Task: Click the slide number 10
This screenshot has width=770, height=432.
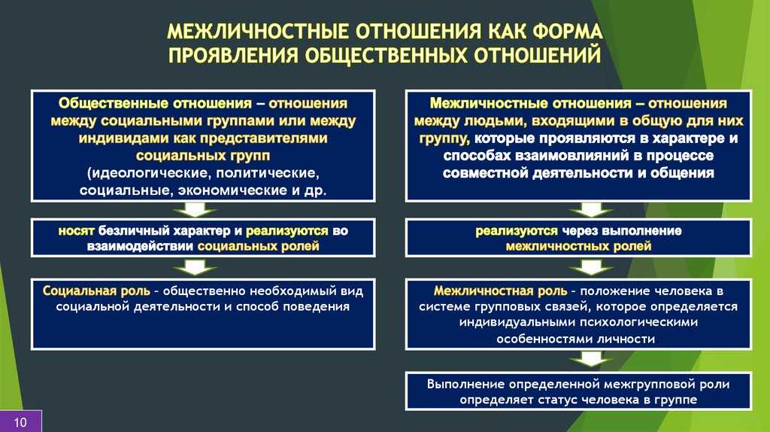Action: click(20, 422)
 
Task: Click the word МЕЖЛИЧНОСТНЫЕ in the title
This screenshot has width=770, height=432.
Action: click(259, 32)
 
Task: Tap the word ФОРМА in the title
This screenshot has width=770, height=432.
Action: click(568, 32)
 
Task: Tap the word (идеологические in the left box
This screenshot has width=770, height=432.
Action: click(150, 174)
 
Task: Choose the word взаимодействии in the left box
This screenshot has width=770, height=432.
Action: click(140, 246)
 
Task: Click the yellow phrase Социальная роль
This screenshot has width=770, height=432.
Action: click(96, 291)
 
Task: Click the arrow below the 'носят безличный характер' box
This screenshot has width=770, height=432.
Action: click(195, 267)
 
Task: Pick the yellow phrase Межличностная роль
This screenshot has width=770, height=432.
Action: click(500, 291)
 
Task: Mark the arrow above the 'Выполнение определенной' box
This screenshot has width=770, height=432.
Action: click(591, 359)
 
